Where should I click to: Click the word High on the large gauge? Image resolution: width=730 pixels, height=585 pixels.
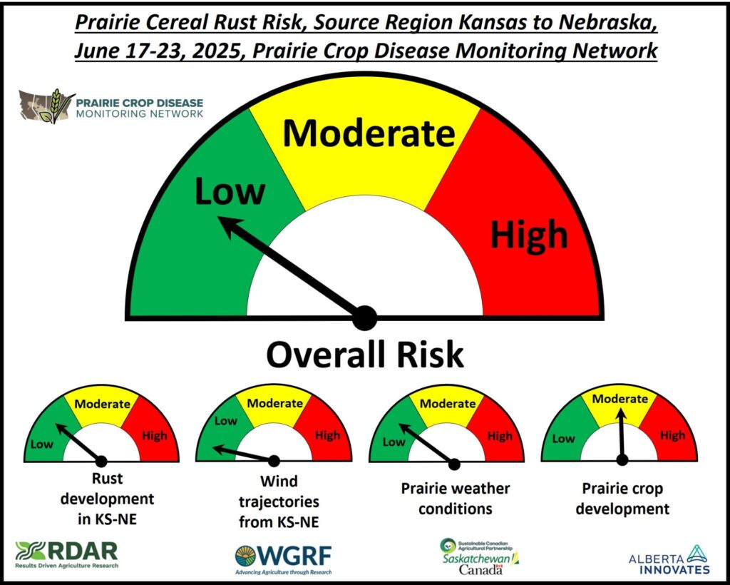pyautogui.click(x=530, y=233)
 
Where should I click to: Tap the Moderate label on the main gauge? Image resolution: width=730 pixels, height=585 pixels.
pyautogui.click(x=369, y=133)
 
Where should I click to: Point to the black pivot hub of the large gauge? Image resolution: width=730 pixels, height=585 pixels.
pyautogui.click(x=364, y=318)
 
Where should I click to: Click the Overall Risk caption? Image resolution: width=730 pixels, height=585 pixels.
pyautogui.click(x=365, y=355)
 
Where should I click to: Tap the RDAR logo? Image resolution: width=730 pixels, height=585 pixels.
pyautogui.click(x=66, y=554)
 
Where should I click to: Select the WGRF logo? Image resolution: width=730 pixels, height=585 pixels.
pyautogui.click(x=284, y=559)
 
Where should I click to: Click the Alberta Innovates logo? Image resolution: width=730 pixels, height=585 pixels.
pyautogui.click(x=669, y=560)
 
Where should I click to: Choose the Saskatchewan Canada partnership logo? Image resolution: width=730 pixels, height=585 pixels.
pyautogui.click(x=480, y=556)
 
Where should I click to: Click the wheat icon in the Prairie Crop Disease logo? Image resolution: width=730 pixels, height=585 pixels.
pyautogui.click(x=54, y=106)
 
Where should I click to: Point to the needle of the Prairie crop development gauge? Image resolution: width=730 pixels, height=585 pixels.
pyautogui.click(x=622, y=434)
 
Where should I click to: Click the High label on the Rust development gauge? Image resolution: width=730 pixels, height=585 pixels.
pyautogui.click(x=155, y=436)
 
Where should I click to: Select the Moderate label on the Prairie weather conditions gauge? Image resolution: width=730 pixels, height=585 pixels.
pyautogui.click(x=448, y=403)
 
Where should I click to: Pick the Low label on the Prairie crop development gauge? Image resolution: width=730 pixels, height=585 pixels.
pyautogui.click(x=563, y=439)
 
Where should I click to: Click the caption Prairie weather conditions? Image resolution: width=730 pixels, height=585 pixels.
pyautogui.click(x=456, y=499)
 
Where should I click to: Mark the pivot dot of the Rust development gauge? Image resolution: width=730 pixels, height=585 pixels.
pyautogui.click(x=101, y=461)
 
